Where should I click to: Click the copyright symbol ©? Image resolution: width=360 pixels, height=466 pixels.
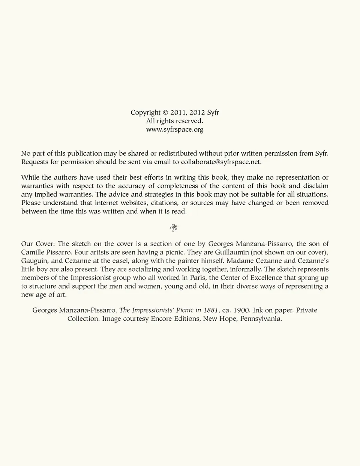point(165,113)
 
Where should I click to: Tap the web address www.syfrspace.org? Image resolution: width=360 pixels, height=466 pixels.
point(175,130)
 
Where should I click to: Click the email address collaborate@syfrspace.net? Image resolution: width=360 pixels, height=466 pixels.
point(220,162)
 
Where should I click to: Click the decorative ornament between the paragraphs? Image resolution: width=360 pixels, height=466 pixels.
point(173,228)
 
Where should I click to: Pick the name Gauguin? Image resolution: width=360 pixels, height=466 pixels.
point(34,261)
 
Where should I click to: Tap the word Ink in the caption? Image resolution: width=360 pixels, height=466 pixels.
point(258,310)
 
